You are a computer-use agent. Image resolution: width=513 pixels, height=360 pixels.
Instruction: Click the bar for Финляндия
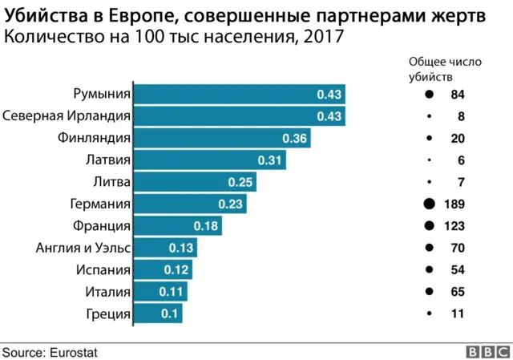click(221, 139)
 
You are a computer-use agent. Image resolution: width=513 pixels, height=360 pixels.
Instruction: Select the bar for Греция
click(157, 314)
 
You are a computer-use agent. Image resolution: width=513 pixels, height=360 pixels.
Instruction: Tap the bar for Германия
click(189, 204)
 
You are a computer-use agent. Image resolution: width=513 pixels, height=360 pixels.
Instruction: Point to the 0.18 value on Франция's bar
click(206, 226)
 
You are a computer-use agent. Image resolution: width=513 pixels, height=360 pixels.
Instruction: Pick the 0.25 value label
click(240, 183)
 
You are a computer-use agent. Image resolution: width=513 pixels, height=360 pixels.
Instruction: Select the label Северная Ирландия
click(67, 116)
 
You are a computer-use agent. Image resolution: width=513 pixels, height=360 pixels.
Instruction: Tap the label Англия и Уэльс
click(83, 248)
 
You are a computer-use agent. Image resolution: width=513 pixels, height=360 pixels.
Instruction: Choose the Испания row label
click(103, 270)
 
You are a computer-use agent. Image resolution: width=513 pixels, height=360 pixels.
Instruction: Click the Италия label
click(107, 292)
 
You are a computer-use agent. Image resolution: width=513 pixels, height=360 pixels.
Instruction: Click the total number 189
click(454, 204)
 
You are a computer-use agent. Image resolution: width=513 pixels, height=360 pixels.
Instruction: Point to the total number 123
click(454, 226)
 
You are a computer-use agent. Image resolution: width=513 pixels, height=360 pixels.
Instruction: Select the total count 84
click(458, 95)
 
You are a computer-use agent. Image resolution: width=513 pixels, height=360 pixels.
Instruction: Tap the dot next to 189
click(429, 204)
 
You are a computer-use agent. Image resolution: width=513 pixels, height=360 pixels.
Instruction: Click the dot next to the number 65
click(429, 292)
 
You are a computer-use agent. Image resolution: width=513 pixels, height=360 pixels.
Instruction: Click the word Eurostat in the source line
click(77, 351)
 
